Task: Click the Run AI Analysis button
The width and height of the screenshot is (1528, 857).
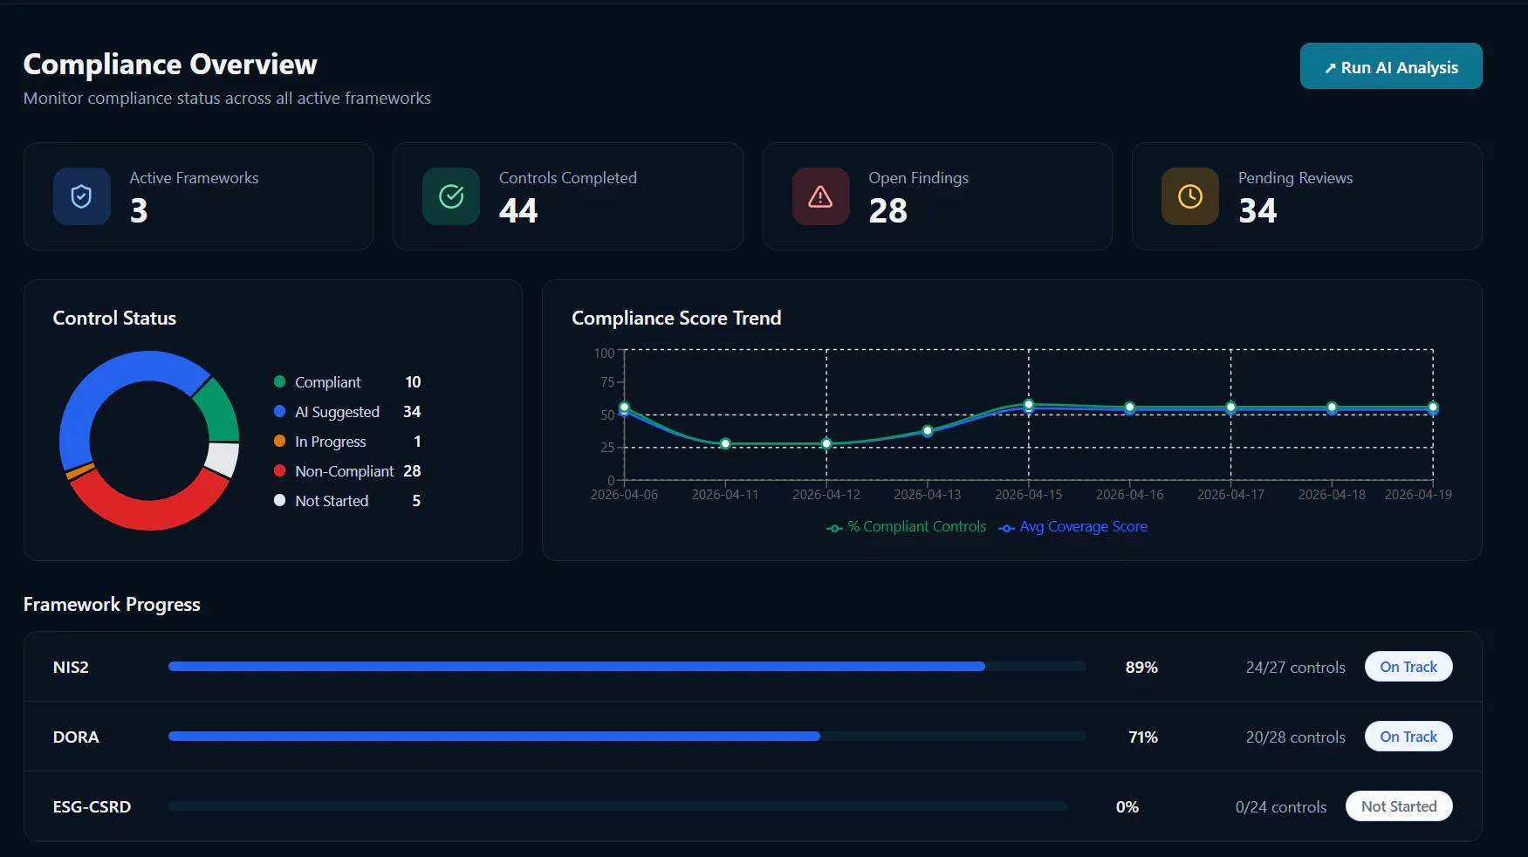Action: point(1391,66)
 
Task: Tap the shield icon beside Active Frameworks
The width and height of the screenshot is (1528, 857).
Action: point(81,196)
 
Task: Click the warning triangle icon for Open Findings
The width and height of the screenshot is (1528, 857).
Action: point(820,196)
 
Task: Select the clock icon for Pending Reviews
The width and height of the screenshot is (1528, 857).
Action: point(1190,196)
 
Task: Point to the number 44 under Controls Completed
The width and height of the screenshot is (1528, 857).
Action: point(518,210)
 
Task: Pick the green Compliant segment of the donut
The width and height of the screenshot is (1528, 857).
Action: point(219,410)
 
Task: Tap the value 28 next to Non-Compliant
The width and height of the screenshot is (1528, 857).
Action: point(412,471)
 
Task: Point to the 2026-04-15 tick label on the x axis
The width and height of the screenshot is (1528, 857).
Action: point(1029,495)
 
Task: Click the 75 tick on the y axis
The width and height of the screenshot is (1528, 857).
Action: point(607,382)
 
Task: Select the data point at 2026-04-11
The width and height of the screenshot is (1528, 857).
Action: point(725,443)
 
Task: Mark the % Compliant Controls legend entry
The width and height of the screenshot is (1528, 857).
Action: point(907,527)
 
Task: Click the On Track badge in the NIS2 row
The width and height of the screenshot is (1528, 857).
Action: point(1408,667)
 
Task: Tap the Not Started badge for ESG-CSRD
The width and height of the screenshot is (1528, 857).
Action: point(1399,806)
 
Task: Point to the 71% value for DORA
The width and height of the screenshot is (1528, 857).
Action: point(1143,737)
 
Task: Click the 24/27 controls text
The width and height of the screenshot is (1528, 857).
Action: point(1296,668)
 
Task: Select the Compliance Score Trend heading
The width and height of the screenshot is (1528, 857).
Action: point(676,319)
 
